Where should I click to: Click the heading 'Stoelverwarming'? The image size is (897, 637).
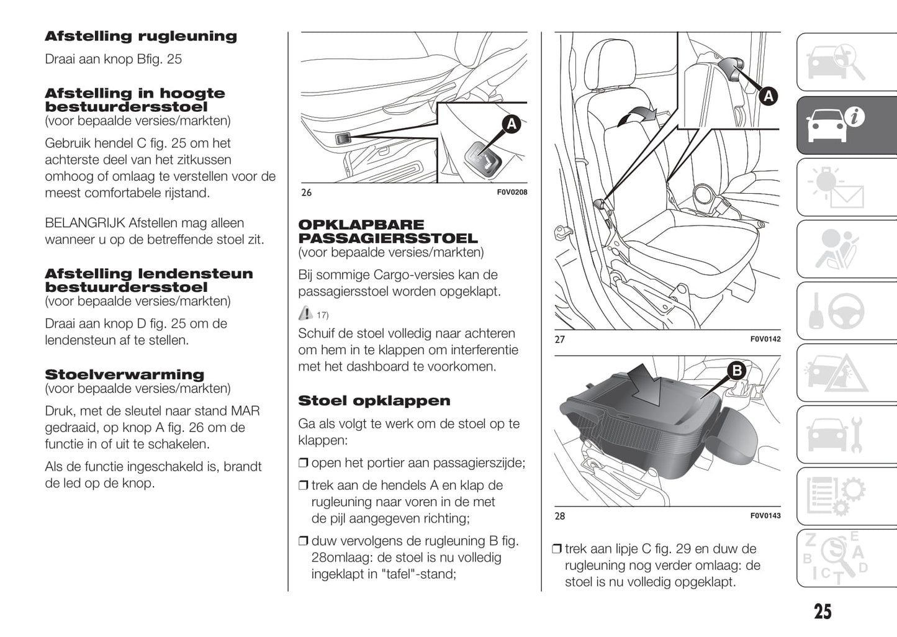(x=124, y=374)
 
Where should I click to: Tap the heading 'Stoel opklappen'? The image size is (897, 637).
(x=374, y=401)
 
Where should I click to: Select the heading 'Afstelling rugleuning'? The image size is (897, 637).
(x=140, y=37)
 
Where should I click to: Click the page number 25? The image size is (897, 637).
(x=822, y=612)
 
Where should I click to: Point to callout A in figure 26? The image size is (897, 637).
(x=511, y=124)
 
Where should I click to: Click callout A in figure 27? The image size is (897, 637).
(x=768, y=96)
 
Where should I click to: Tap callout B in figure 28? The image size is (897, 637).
(x=736, y=371)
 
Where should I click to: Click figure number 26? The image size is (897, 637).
(x=306, y=192)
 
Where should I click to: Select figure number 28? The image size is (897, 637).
(x=559, y=516)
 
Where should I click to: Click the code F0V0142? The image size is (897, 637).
(x=765, y=339)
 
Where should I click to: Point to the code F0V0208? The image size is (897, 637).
(x=512, y=192)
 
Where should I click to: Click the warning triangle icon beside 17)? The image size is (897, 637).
(x=305, y=313)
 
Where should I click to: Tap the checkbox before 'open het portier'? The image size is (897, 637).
(x=303, y=463)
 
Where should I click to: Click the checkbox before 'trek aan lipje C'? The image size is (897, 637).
(x=557, y=549)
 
